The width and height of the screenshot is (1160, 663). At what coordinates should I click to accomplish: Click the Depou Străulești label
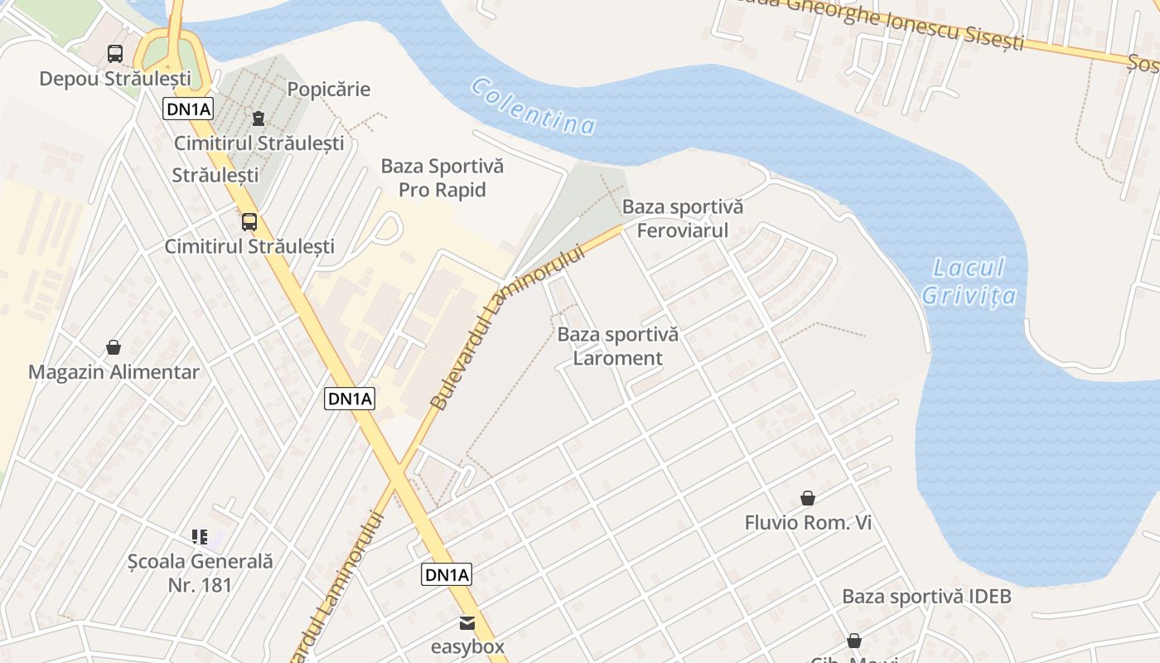coord(115,79)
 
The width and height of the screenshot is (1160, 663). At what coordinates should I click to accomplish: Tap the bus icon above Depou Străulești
coord(115,54)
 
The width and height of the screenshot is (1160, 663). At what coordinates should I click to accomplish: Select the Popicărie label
coord(328,90)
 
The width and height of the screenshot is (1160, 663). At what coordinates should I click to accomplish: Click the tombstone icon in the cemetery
coord(259,119)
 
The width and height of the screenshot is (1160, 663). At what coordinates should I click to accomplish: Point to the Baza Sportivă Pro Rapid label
coord(442,178)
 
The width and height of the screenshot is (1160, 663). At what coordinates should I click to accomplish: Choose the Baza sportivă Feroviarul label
coord(683,218)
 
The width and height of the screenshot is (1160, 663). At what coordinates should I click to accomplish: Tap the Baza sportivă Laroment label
coord(618,346)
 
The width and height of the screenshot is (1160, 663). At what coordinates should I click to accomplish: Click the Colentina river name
coord(534,107)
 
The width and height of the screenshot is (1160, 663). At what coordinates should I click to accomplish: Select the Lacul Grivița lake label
coord(969,282)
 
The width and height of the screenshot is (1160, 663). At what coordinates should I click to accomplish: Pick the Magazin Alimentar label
coord(114,372)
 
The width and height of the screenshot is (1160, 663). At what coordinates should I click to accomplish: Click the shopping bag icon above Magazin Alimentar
coord(114,347)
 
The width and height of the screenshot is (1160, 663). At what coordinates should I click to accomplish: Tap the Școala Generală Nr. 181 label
coord(200,573)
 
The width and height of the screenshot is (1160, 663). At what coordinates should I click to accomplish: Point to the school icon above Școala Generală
coord(200,537)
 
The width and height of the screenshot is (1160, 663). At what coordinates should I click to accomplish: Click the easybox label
coord(467,646)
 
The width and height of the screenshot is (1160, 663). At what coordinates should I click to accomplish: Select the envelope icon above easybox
coord(468,622)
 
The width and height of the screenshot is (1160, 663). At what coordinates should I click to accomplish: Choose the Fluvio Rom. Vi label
coord(808,523)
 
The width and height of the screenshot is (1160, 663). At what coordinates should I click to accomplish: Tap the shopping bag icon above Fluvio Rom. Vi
coord(808,498)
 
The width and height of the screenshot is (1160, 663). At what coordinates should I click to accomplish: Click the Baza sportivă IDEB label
coord(926,597)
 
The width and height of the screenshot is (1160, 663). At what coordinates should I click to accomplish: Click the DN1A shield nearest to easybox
coord(447,574)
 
